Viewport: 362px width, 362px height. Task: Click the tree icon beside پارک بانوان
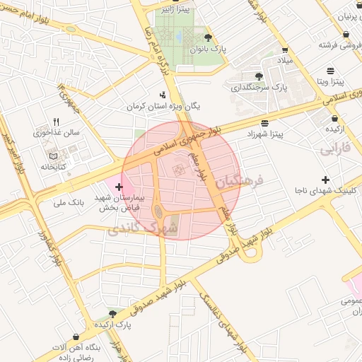(x=207, y=38)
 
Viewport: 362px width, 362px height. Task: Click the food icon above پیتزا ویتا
(x=332, y=71)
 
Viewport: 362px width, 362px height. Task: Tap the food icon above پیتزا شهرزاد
(x=264, y=122)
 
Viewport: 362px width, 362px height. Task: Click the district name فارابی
(x=334, y=149)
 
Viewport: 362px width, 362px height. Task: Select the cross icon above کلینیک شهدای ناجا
(x=325, y=180)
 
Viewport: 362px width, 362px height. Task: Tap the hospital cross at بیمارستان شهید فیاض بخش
(x=118, y=187)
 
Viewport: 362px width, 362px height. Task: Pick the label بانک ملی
(x=69, y=202)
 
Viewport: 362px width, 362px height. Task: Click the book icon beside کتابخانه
(x=49, y=156)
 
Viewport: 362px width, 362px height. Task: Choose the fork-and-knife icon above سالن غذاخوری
(x=57, y=122)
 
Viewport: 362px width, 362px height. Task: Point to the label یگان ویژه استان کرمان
(x=163, y=105)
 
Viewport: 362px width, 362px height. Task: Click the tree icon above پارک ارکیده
(x=112, y=313)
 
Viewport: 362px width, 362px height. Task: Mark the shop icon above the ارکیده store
(x=334, y=119)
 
